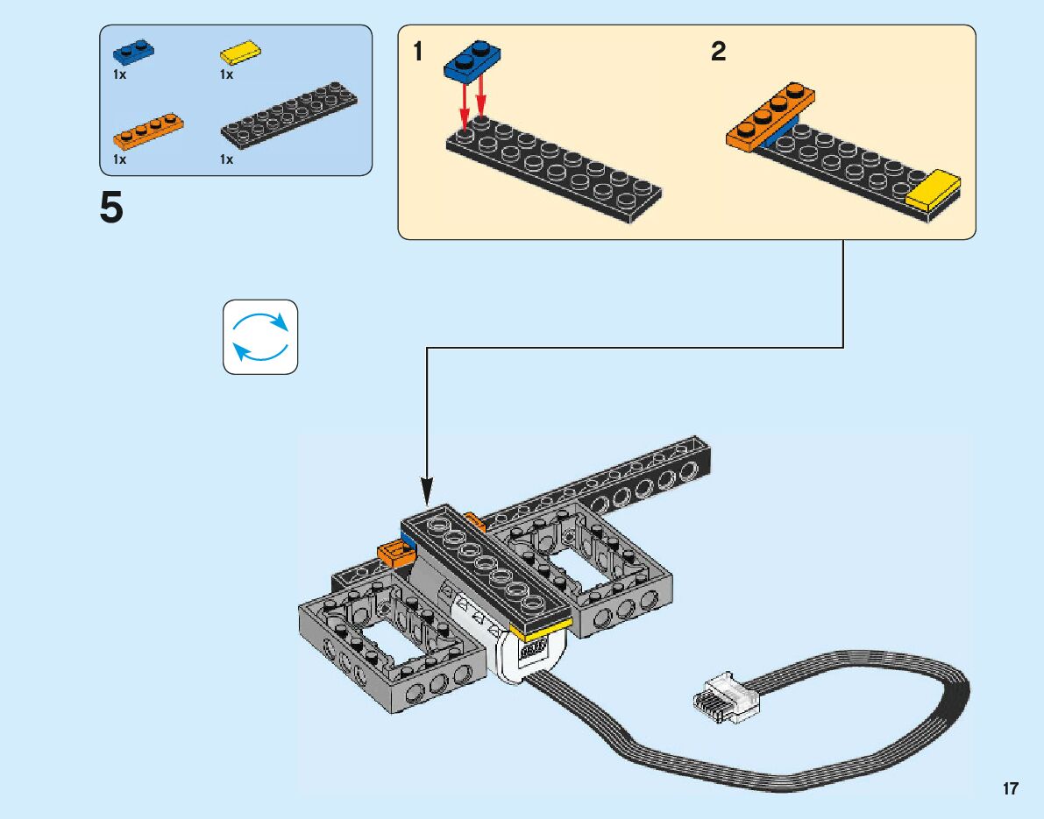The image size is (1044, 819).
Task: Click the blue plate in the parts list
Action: (134, 52)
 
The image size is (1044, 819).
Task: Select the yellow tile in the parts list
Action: (240, 53)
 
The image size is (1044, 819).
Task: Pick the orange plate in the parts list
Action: (148, 131)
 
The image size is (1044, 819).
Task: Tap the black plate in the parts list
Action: (288, 115)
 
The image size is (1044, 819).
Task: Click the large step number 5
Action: (111, 208)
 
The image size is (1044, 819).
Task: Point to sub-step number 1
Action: (417, 51)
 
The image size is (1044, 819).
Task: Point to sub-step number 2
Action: (719, 51)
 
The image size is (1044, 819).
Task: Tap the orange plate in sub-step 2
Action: (771, 117)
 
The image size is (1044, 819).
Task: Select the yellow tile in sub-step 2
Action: (933, 190)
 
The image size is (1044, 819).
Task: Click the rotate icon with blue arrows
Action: (260, 336)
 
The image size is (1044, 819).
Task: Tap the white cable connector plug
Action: (727, 698)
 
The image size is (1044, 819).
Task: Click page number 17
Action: (1010, 788)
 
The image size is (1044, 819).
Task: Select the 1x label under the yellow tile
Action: (226, 74)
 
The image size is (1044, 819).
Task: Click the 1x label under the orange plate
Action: (119, 159)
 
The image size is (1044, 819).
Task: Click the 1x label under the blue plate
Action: (119, 74)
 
